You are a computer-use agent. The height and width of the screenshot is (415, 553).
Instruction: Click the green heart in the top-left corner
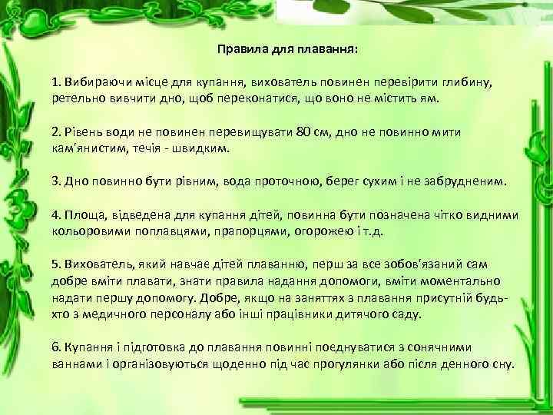coord(31,23)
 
